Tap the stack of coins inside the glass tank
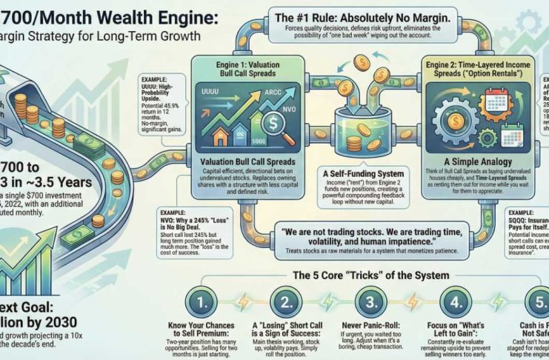[349, 138]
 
